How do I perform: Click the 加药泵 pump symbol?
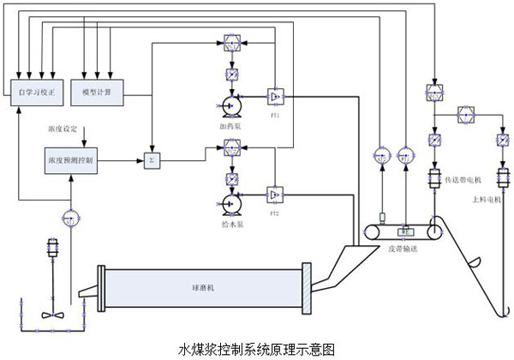[x=230, y=105]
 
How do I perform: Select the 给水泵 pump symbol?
[x=230, y=203]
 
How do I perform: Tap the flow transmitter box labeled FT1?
[x=276, y=96]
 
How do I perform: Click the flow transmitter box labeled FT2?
[x=276, y=195]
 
